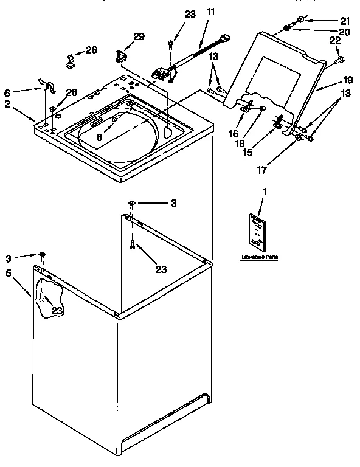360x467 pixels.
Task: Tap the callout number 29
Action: tap(139, 37)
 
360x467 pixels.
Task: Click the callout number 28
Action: tap(72, 92)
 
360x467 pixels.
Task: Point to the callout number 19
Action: tap(347, 79)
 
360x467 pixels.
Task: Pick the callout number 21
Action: tap(345, 21)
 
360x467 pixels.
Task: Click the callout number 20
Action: tap(345, 32)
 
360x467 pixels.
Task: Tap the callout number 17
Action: tap(261, 171)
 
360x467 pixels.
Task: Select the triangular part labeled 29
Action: tap(120, 57)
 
